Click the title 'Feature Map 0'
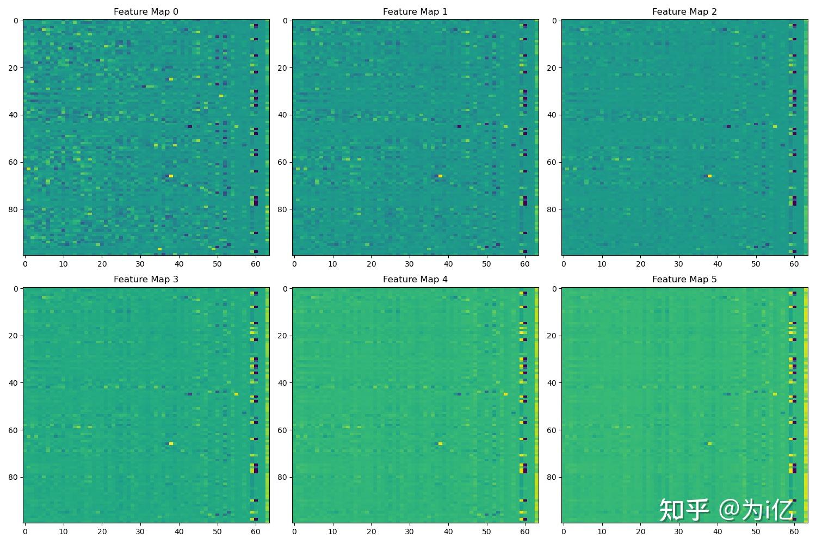(x=146, y=11)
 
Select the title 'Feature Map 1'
(x=415, y=11)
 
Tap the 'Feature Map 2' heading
(x=684, y=11)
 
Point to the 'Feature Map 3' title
(x=146, y=279)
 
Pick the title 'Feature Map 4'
(x=415, y=279)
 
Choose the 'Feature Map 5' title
(x=684, y=279)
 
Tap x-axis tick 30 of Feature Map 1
(x=410, y=264)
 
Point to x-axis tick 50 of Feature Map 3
(x=217, y=531)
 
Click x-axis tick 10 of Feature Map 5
(x=602, y=531)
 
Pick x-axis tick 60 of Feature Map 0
(x=256, y=264)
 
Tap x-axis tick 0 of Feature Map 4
(x=294, y=531)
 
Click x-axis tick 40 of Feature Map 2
(x=718, y=264)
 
